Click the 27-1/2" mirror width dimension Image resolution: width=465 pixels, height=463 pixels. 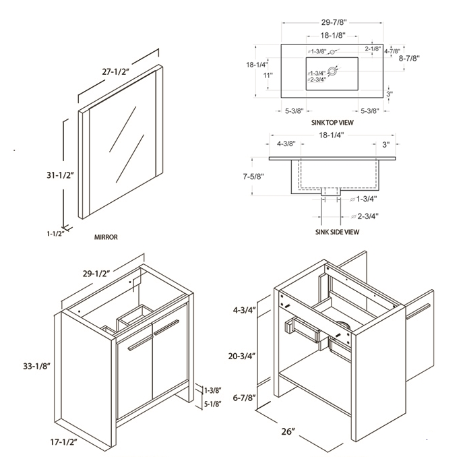[116, 71]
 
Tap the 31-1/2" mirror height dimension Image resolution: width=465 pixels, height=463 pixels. [60, 175]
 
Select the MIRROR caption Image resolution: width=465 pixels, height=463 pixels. [106, 237]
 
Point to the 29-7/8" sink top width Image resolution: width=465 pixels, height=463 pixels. [334, 22]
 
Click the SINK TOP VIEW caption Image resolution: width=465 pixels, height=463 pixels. [332, 122]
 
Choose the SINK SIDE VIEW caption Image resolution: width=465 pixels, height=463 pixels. [337, 232]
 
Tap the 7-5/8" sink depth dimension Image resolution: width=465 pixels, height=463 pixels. [253, 177]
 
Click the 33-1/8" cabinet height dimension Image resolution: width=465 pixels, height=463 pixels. [36, 367]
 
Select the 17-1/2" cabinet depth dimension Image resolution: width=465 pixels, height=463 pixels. [64, 442]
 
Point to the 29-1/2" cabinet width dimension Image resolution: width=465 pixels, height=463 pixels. [96, 274]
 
